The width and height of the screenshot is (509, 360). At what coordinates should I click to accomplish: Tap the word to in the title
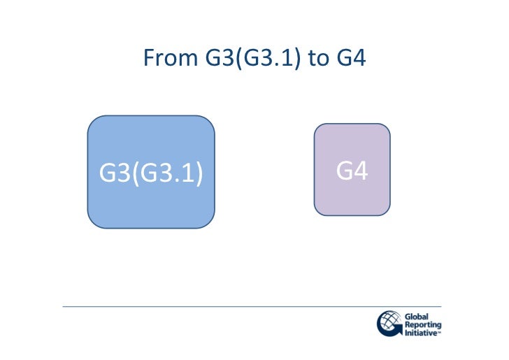pyautogui.click(x=318, y=58)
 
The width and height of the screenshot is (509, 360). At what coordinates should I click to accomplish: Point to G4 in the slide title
pyautogui.click(x=352, y=58)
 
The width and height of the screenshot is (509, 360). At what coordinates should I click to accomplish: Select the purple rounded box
pyautogui.click(x=352, y=196)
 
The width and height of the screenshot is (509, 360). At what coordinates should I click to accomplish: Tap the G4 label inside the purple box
pyautogui.click(x=352, y=171)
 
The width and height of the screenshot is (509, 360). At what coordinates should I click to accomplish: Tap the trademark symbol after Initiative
pyautogui.click(x=439, y=333)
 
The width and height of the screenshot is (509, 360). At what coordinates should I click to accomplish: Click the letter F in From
pyautogui.click(x=148, y=58)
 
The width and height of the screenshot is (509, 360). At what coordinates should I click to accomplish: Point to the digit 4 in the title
pyautogui.click(x=359, y=58)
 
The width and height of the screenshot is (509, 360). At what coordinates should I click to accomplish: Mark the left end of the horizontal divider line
pyautogui.click(x=64, y=306)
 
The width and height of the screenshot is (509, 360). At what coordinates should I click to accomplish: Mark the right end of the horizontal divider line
pyautogui.click(x=440, y=306)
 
